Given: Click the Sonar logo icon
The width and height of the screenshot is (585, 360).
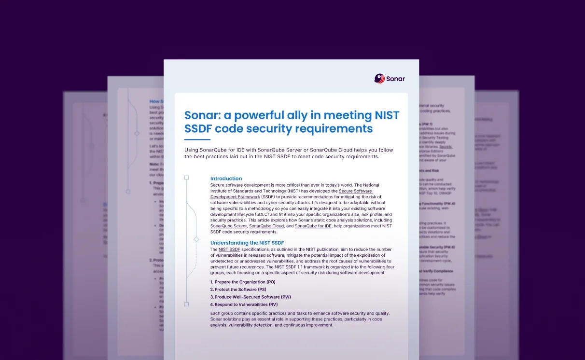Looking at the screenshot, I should pos(379,78).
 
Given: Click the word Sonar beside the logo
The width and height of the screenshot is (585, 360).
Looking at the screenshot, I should pos(395,79).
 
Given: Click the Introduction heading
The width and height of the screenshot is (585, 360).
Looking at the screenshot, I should pos(226,179).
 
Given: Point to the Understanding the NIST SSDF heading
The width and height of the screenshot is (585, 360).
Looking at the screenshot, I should pos(247,243).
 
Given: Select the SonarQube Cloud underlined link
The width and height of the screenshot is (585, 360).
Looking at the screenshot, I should pos(266,226).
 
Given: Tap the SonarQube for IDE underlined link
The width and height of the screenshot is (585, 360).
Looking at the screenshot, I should pos(313,226).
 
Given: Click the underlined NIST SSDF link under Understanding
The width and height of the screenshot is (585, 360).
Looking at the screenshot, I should pos(229,249).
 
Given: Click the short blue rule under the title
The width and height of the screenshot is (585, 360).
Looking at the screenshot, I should pos(197,139).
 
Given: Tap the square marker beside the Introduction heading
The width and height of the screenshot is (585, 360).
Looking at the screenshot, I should pos(187,178).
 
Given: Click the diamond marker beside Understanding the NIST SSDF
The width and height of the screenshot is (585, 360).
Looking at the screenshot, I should pos(196,239).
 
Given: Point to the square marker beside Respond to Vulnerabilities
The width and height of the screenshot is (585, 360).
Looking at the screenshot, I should pos(187,304).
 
